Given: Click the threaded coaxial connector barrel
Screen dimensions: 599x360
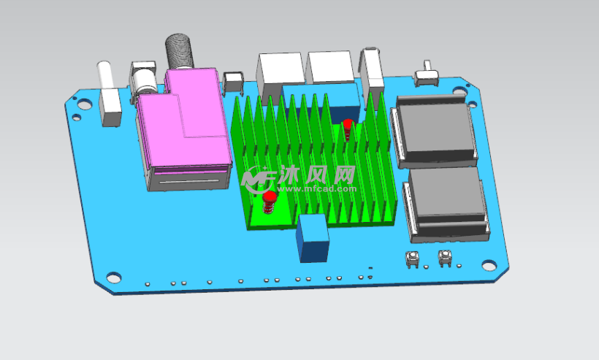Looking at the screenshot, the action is coord(179,51).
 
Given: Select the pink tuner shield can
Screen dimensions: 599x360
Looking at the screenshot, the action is coord(185,121).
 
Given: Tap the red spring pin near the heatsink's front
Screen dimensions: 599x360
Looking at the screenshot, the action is coord(270,202).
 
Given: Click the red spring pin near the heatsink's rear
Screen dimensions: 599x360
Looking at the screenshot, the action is coord(348,129).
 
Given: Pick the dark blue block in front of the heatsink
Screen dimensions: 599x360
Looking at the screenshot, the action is coord(313,238).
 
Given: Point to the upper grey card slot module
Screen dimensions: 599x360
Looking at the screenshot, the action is coord(434,131).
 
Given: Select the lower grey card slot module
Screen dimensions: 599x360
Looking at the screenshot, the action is coord(446,204).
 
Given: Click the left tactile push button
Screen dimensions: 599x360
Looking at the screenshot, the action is coord(412,258).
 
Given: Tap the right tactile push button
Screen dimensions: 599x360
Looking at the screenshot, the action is coord(445,258).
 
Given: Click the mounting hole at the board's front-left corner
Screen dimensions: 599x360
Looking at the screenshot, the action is coord(113,277).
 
